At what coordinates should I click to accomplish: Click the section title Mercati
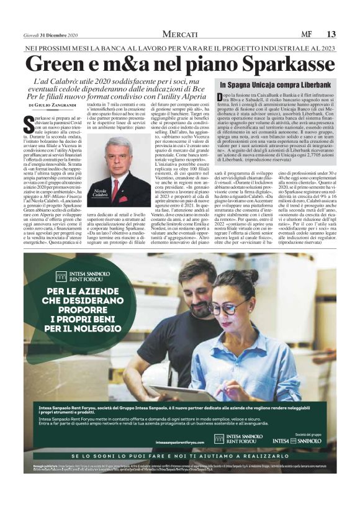click(180, 34)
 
